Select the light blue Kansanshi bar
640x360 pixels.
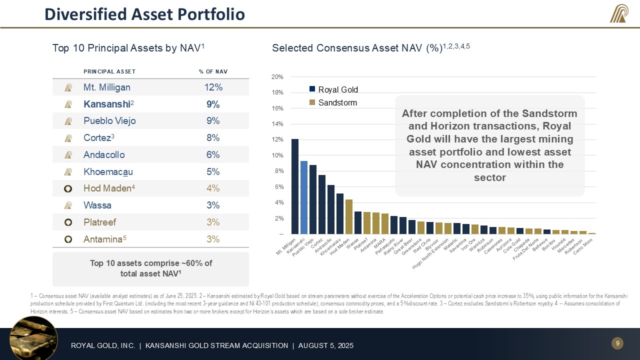(x=304, y=197)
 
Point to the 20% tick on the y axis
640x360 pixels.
(x=277, y=77)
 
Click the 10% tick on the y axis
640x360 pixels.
(x=277, y=155)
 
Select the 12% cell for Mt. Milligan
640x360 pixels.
(x=213, y=87)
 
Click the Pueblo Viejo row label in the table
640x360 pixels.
(x=109, y=121)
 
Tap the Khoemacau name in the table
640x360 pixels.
(x=108, y=171)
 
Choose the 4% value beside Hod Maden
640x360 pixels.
(x=213, y=188)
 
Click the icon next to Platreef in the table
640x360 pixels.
(x=68, y=222)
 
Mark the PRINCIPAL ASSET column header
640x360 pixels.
(x=109, y=71)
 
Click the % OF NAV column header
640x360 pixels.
(x=213, y=71)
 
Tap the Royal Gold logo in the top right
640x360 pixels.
(x=619, y=13)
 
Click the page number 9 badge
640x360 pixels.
(x=617, y=343)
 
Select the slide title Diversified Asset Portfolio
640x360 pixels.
(x=144, y=14)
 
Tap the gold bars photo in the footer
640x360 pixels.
(x=33, y=338)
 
